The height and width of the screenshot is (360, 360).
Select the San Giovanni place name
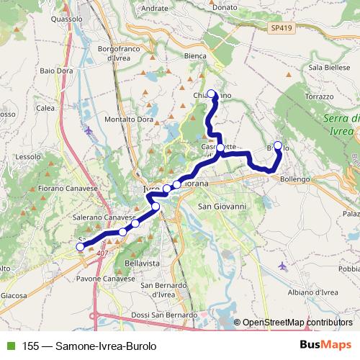click(222, 206)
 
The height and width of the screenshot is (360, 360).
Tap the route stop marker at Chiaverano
click(212, 93)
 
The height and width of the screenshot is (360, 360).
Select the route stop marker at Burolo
click(278, 145)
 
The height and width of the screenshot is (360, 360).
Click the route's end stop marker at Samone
click(80, 246)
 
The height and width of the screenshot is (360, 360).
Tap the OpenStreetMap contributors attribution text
click(297, 323)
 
